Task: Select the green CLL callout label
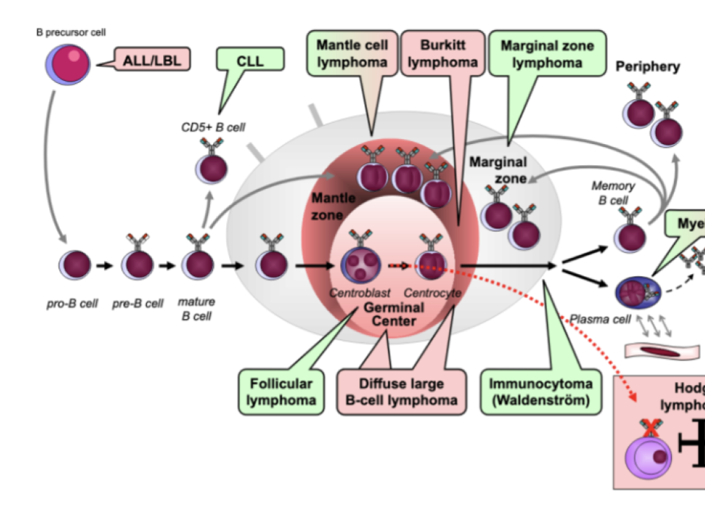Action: click(x=250, y=60)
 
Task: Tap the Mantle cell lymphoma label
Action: click(x=352, y=54)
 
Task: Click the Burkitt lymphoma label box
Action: click(x=443, y=54)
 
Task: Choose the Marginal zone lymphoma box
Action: click(x=547, y=54)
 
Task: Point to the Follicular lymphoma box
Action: click(x=281, y=392)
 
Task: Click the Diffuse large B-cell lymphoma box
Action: click(x=401, y=392)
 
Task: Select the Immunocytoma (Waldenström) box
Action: click(x=540, y=392)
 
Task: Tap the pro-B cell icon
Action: click(x=75, y=264)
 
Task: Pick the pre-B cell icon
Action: click(x=137, y=264)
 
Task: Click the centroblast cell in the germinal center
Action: click(x=360, y=264)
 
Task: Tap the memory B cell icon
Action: click(x=629, y=237)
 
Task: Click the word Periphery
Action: click(x=648, y=67)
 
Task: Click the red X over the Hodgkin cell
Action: click(x=651, y=428)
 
